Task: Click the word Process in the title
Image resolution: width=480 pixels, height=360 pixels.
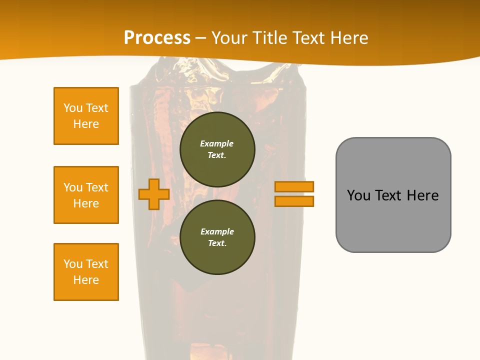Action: pos(157,38)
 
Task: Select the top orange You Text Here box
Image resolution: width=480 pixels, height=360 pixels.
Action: pos(86,116)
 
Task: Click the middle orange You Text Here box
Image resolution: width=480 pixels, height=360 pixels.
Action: pos(86,195)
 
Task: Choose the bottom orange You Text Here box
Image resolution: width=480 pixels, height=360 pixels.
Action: pos(86,272)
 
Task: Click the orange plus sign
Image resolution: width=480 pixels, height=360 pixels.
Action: pos(154,194)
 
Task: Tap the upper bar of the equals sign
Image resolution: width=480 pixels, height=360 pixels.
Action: pos(294,186)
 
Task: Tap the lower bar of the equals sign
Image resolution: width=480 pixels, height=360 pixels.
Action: pos(294,201)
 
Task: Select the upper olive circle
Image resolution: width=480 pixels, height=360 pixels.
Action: pos(217,149)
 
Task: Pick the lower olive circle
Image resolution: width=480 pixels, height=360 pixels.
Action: pos(217,237)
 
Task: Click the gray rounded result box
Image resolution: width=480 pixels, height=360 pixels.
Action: pos(393,195)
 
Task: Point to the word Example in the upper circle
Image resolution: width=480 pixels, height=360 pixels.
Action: pos(217,144)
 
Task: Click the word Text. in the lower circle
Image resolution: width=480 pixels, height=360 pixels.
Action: pos(217,243)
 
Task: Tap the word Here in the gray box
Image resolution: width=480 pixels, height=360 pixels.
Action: pos(422,195)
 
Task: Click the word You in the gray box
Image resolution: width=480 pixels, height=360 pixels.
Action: pos(359,195)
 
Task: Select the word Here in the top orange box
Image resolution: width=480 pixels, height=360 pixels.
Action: pos(86,124)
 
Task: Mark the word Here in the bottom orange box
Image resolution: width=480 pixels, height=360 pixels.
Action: pos(86,280)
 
